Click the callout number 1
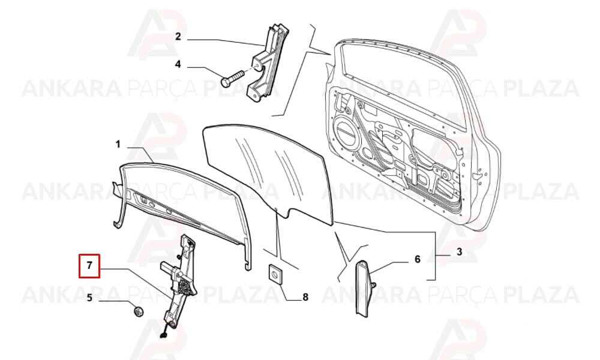118,144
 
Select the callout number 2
178,37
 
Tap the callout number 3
459,252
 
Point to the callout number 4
178,64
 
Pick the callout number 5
89,297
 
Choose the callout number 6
418,259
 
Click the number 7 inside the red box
89,265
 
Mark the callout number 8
305,297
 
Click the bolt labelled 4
233,77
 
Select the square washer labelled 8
275,274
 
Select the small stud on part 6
373,285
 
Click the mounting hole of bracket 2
259,68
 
